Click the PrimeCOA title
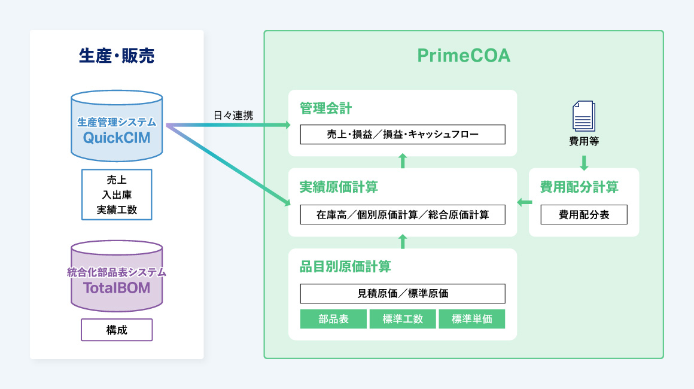pos(464,56)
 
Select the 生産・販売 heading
pos(117,56)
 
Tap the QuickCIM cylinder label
pos(117,138)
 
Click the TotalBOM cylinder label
pos(117,288)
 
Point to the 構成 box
pos(117,330)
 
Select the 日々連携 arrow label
pos(233,116)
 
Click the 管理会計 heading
pos(326,108)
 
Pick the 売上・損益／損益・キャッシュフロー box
pos(403,135)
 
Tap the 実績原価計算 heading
pos(339,187)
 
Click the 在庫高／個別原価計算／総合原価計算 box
pos(403,214)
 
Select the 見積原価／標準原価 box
pos(403,293)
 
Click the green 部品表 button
pos(334,319)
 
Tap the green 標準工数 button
pos(403,319)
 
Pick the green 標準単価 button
pos(472,319)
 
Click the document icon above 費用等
pos(584,116)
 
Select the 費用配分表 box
pos(584,214)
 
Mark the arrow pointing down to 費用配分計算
pos(584,163)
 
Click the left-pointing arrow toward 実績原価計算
pos(524,202)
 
